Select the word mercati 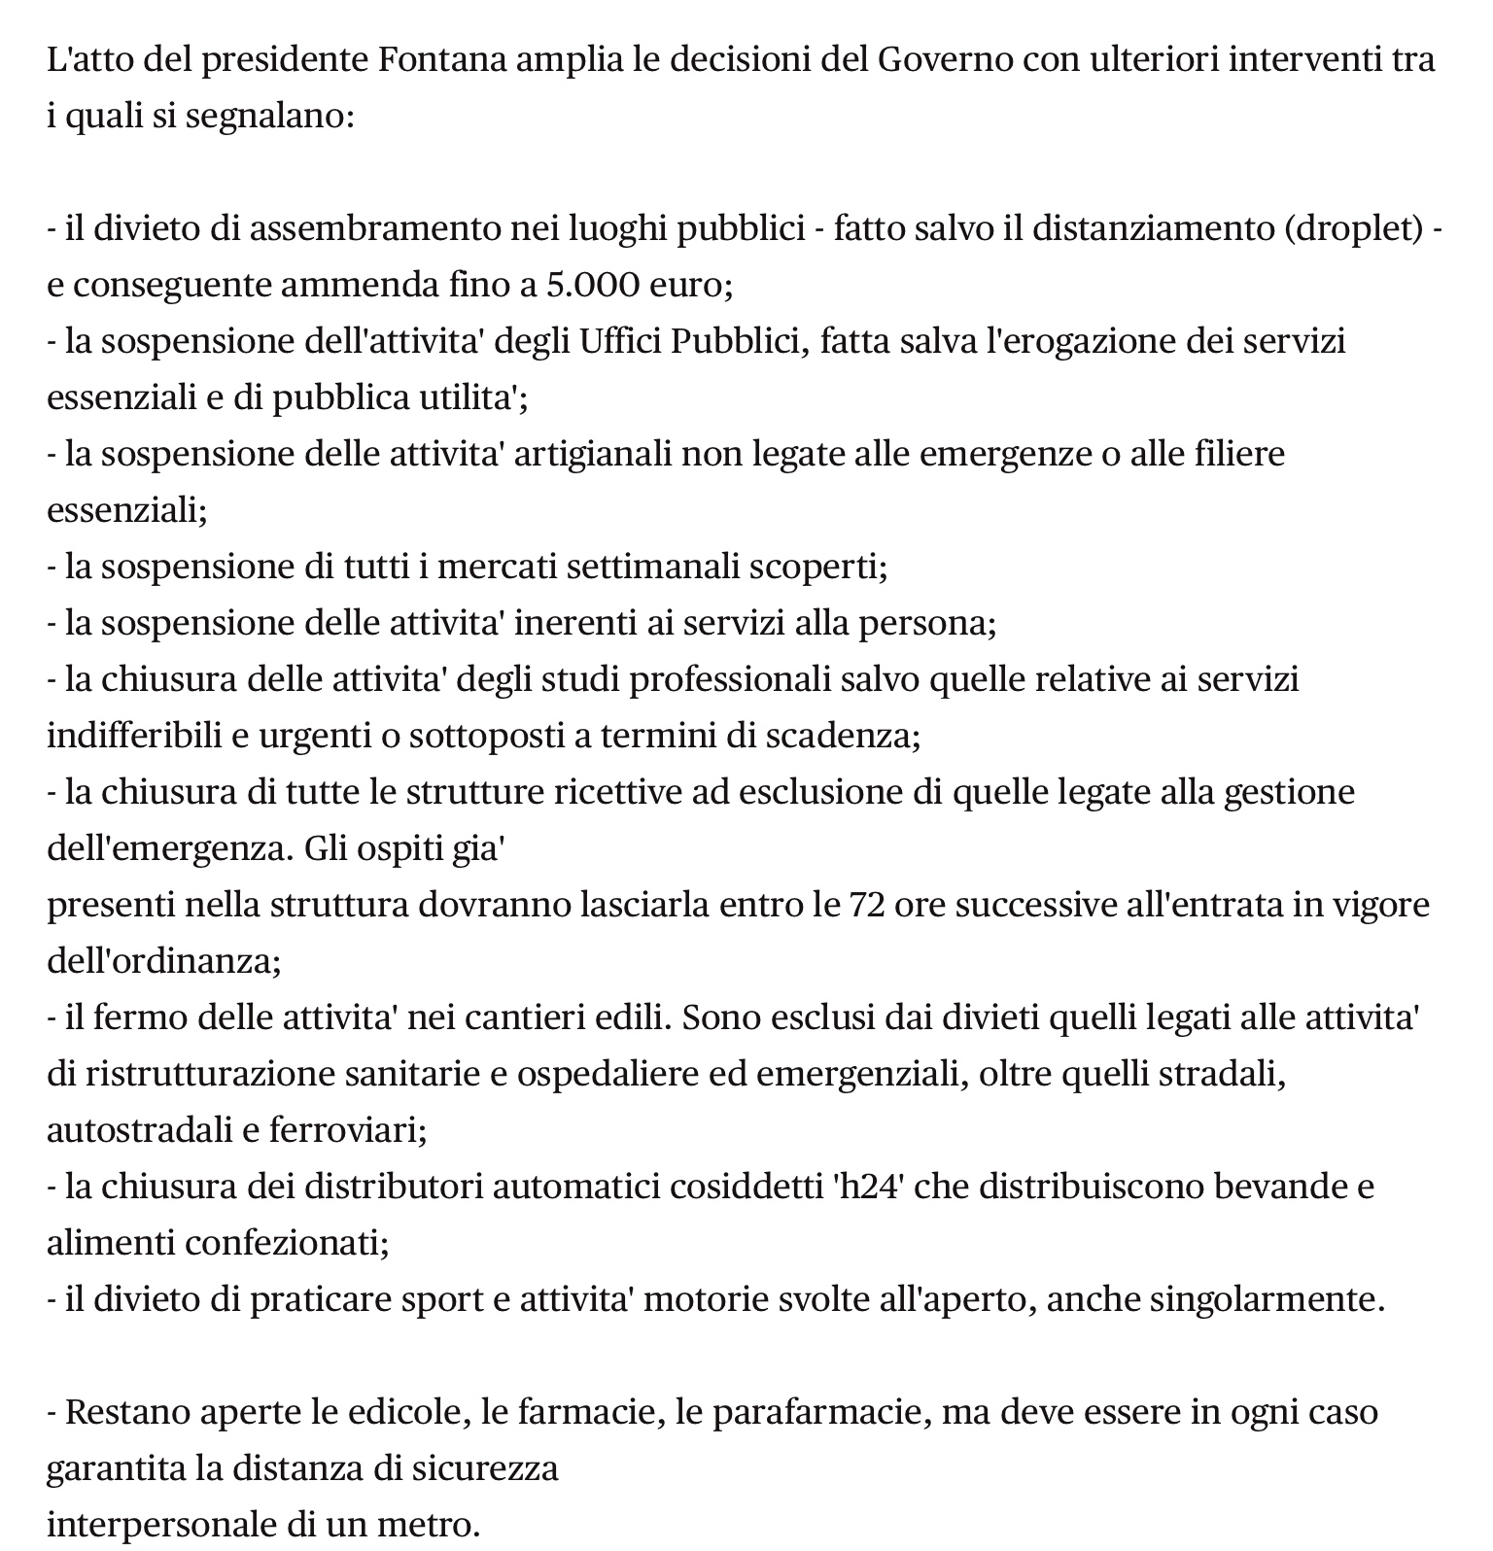click(496, 567)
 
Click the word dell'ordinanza click(163, 961)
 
